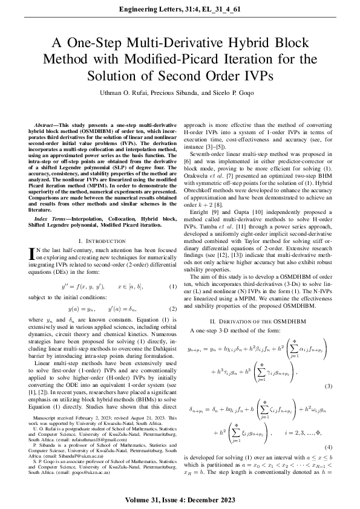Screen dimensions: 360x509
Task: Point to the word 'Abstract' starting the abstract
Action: click(x=47, y=124)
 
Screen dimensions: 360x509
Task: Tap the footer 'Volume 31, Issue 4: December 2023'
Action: click(x=180, y=502)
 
